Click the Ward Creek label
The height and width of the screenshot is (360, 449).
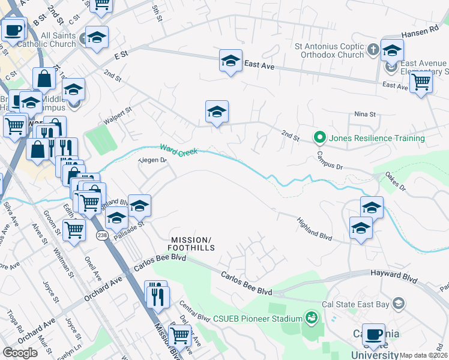pos(179,149)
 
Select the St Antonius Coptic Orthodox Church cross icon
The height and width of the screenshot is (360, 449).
pos(373,49)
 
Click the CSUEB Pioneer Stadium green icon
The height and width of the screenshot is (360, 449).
pos(311,316)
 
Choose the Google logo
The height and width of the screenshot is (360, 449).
pos(20,352)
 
